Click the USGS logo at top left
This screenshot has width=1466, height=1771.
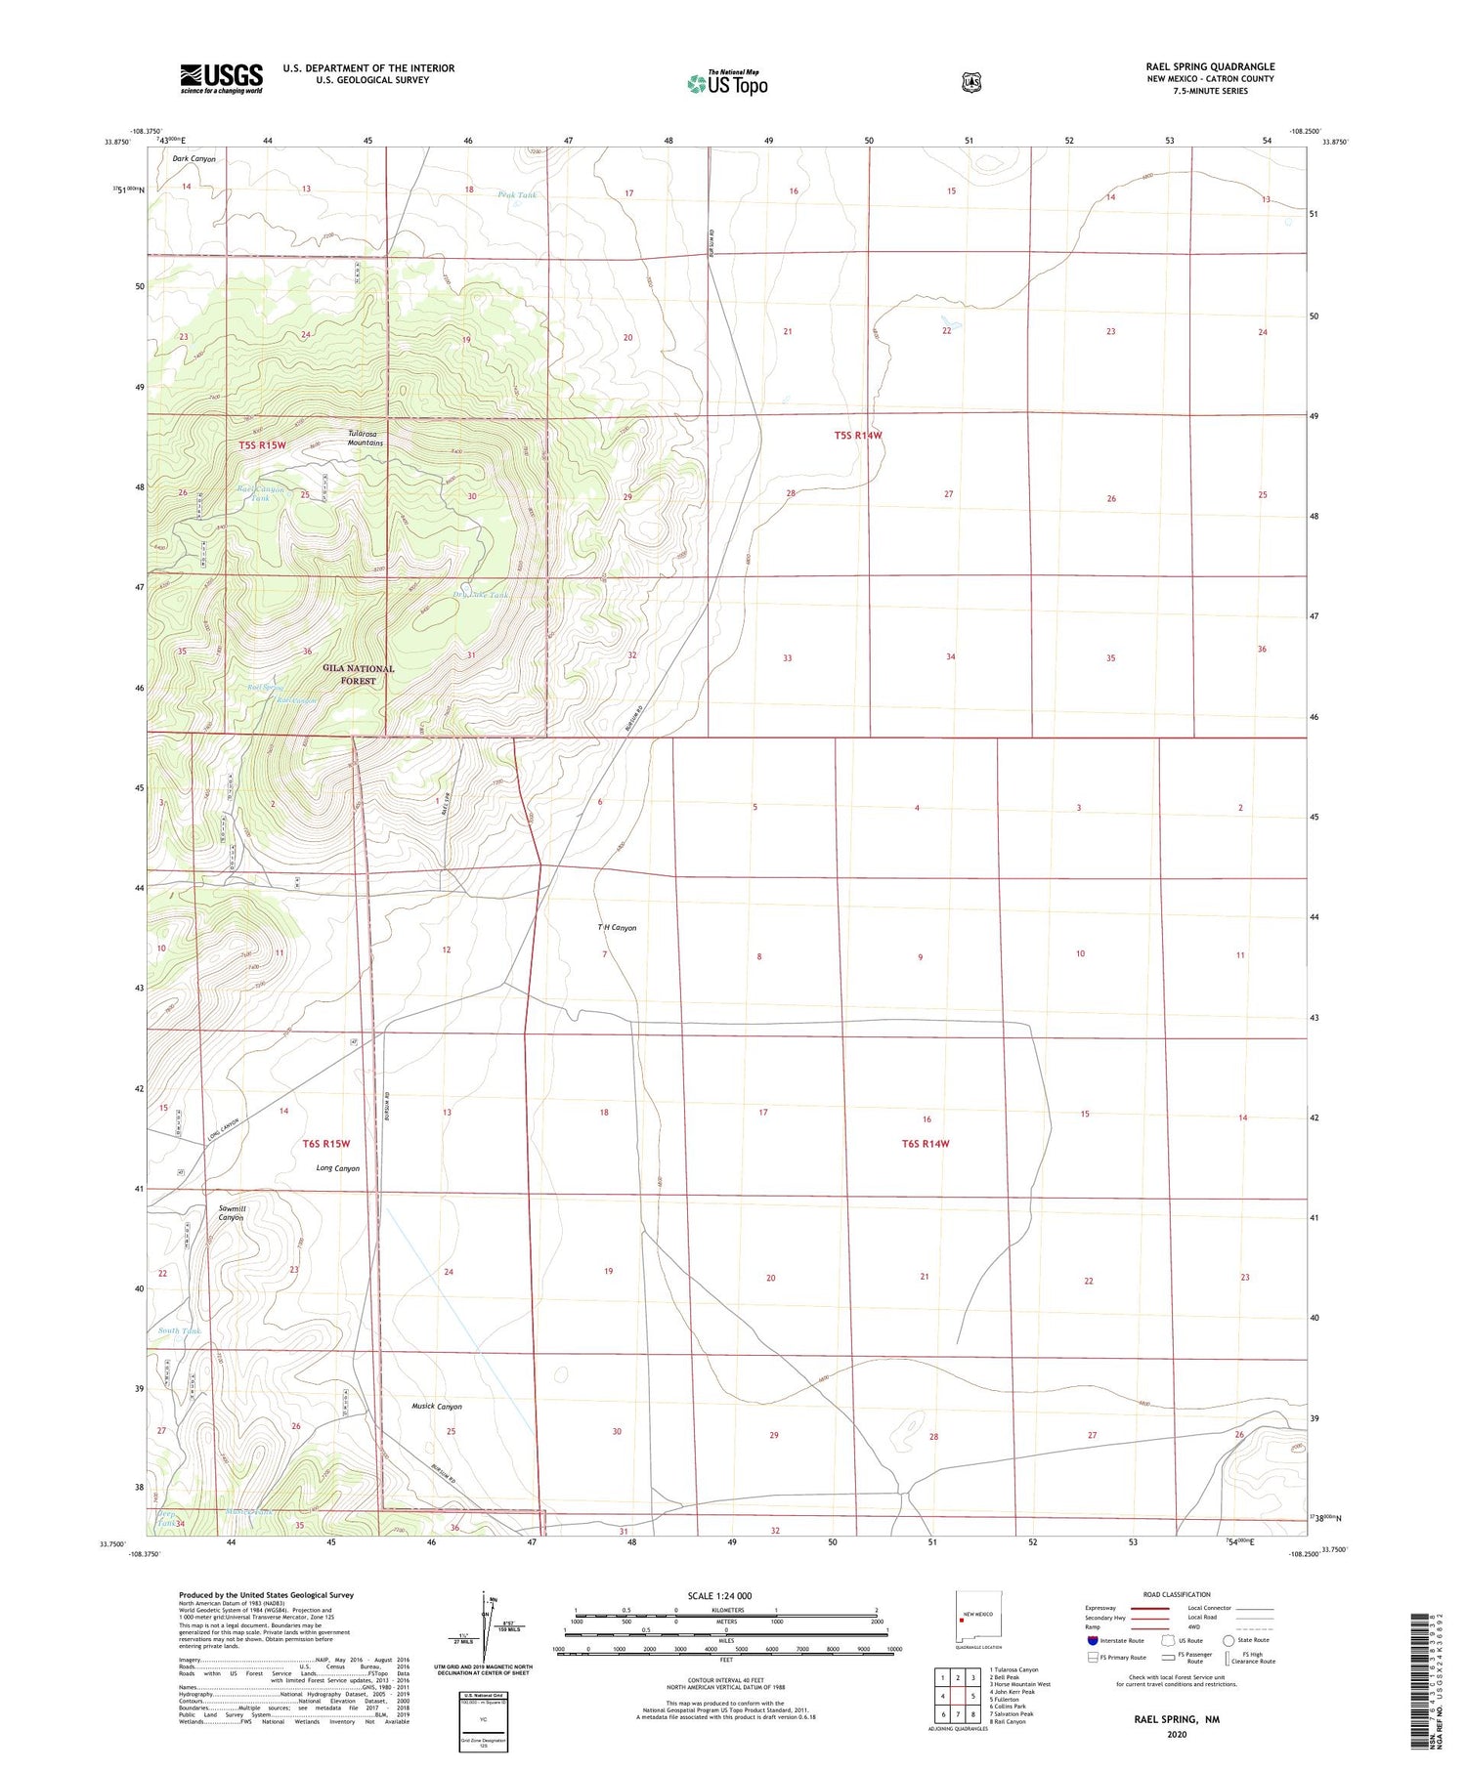pos(221,78)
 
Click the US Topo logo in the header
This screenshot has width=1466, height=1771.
pos(727,84)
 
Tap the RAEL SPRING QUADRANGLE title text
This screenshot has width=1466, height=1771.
pos(1209,67)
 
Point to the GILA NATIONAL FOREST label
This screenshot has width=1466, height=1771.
pos(359,674)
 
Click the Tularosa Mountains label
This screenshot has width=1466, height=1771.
pos(365,438)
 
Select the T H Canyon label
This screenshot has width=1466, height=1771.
pos(617,927)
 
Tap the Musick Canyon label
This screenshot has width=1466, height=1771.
pos(437,1406)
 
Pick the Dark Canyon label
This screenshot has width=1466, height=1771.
pos(194,158)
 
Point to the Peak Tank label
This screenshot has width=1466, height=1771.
pos(517,195)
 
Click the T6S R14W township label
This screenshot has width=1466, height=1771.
pos(925,1143)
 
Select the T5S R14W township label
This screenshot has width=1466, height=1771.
pos(858,436)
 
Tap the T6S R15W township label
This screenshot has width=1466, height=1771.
pos(325,1143)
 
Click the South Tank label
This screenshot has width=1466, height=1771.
pos(179,1330)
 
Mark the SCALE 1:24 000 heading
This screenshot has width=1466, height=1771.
pos(719,1595)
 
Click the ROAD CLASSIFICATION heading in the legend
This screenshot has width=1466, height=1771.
pos(1177,1594)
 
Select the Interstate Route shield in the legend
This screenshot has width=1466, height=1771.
pos(1093,1640)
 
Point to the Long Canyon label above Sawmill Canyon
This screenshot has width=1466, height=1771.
pos(337,1167)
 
